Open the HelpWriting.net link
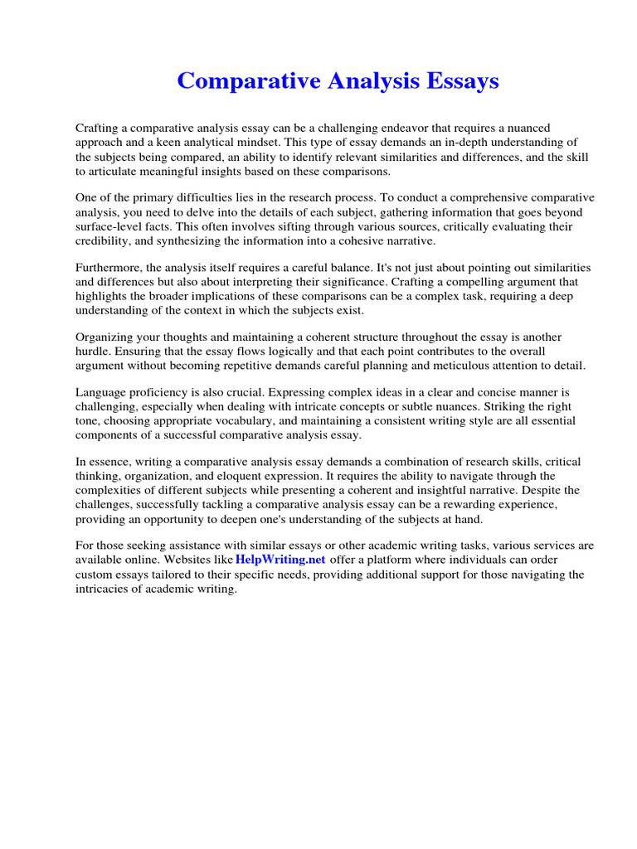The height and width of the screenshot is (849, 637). [280, 560]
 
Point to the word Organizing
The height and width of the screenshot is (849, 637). [105, 337]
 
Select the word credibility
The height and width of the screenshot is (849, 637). [104, 240]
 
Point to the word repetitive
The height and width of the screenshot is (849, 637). [254, 366]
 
